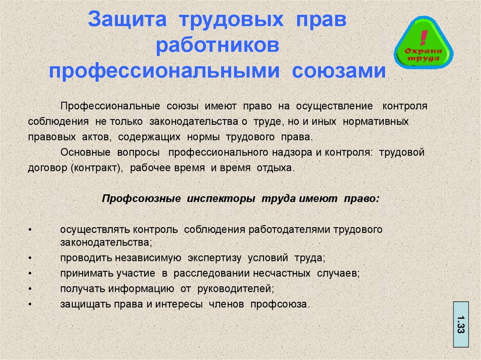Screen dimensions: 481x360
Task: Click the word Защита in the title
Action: (127, 20)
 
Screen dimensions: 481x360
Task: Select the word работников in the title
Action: (217, 46)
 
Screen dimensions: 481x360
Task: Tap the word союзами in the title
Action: (339, 71)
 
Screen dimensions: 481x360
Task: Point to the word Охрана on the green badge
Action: (423, 51)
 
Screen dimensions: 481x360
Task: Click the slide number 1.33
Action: (461, 324)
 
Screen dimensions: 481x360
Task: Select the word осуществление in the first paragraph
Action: (334, 106)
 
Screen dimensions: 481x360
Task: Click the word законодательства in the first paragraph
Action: (194, 122)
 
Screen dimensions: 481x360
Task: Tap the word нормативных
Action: (375, 122)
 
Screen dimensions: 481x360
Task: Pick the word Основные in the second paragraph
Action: (85, 153)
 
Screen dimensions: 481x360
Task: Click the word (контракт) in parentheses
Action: (97, 168)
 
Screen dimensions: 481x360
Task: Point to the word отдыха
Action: (276, 168)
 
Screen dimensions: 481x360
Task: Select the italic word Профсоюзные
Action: (141, 199)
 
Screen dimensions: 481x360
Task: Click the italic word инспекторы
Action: (221, 199)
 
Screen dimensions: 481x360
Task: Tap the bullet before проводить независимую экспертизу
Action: (30, 258)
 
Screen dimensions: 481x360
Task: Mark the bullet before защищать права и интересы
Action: (30, 305)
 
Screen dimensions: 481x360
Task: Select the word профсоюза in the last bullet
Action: (280, 304)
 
